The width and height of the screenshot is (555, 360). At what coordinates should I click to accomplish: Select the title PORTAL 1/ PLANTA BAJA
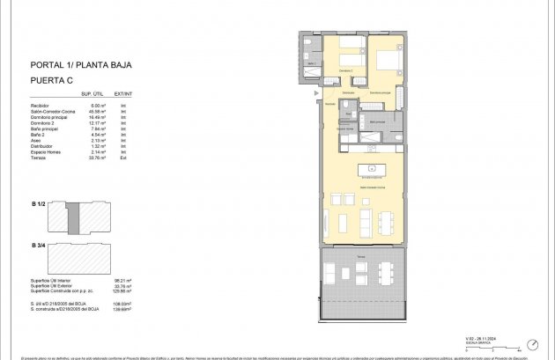point(79,64)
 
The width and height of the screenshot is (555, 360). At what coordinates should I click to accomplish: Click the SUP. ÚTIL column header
point(92,92)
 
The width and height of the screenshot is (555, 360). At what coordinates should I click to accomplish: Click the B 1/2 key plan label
point(38,204)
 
